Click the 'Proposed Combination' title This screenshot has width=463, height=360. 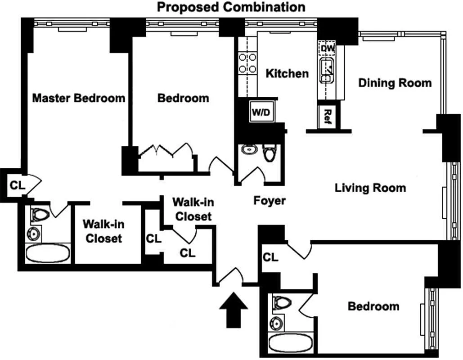(x=231, y=7)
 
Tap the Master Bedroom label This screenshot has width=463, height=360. (x=79, y=98)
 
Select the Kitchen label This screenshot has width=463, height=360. (x=287, y=73)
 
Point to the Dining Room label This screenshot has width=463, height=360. (x=395, y=83)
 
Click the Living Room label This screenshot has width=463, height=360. (x=370, y=188)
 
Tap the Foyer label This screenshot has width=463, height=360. (x=269, y=201)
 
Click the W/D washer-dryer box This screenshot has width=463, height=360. (x=261, y=112)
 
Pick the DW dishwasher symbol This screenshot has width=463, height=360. (x=327, y=48)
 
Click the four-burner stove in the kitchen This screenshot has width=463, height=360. (x=247, y=63)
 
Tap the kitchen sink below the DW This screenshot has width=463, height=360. (x=327, y=70)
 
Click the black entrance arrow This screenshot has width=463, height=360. (x=233, y=310)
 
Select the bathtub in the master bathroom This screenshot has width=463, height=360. (x=48, y=253)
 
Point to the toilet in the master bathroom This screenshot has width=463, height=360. (x=40, y=215)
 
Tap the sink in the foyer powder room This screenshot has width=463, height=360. (x=249, y=150)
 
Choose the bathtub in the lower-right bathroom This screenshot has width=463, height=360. (x=290, y=342)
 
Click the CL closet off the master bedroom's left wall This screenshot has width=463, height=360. (x=18, y=185)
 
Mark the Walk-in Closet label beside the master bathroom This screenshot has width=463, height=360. (x=103, y=231)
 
